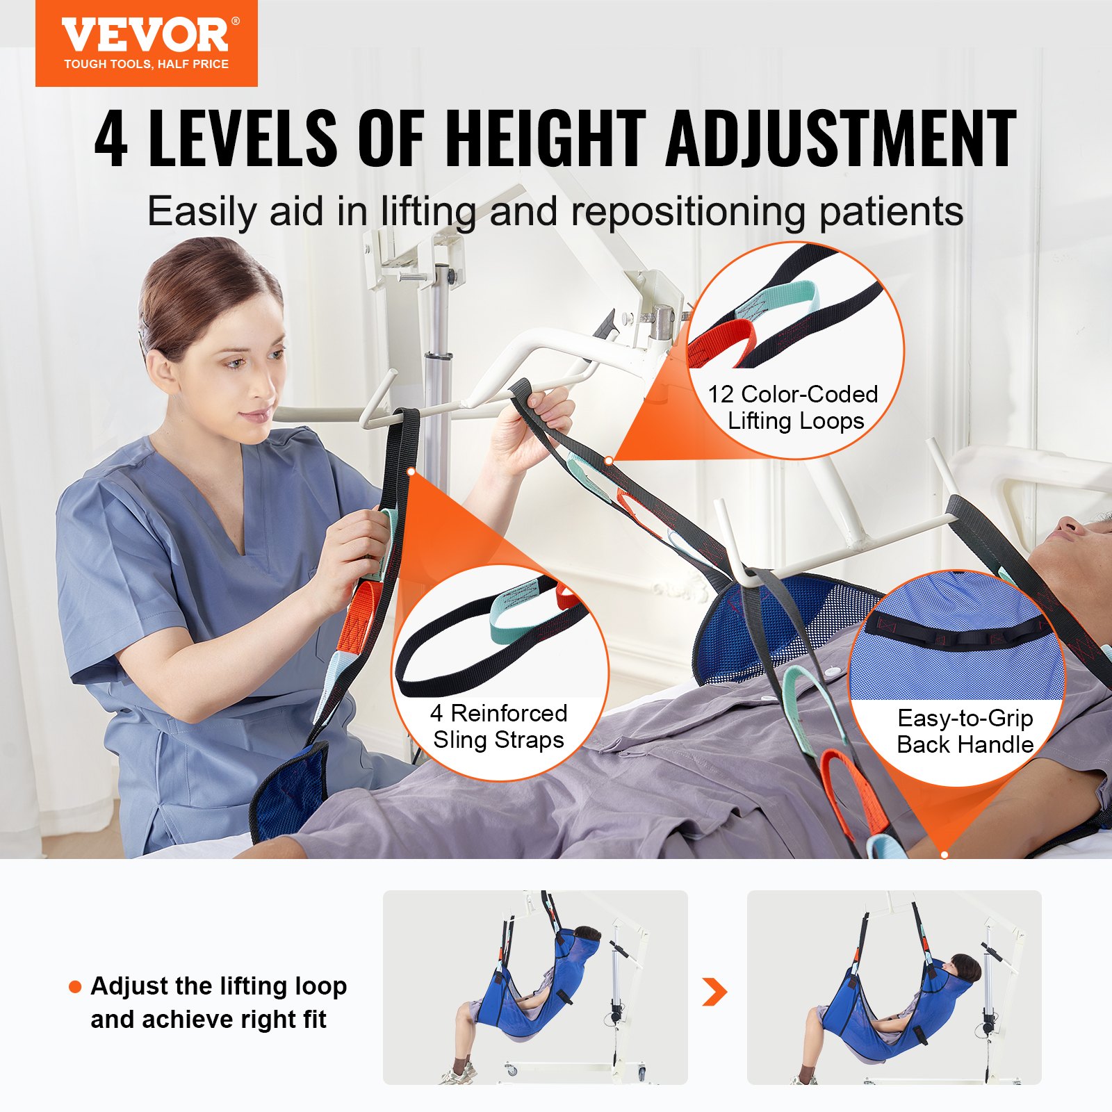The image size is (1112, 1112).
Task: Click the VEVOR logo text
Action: coord(145,35)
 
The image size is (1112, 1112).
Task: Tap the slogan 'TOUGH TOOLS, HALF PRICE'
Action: coord(146,64)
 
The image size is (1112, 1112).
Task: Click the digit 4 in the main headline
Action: coord(111,139)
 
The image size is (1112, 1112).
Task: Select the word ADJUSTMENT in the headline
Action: coord(841,139)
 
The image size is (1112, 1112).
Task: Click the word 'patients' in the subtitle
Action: coord(891,212)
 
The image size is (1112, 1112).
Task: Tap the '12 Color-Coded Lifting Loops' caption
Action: coord(794,407)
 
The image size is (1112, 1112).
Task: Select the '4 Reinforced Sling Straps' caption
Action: coord(499,726)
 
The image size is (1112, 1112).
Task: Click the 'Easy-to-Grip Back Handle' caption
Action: coord(965,731)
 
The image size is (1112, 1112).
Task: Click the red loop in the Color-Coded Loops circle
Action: coord(723,343)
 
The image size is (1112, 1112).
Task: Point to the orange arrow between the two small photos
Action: coord(714,991)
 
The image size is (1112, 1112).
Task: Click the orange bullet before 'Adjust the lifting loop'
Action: coord(75,987)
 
